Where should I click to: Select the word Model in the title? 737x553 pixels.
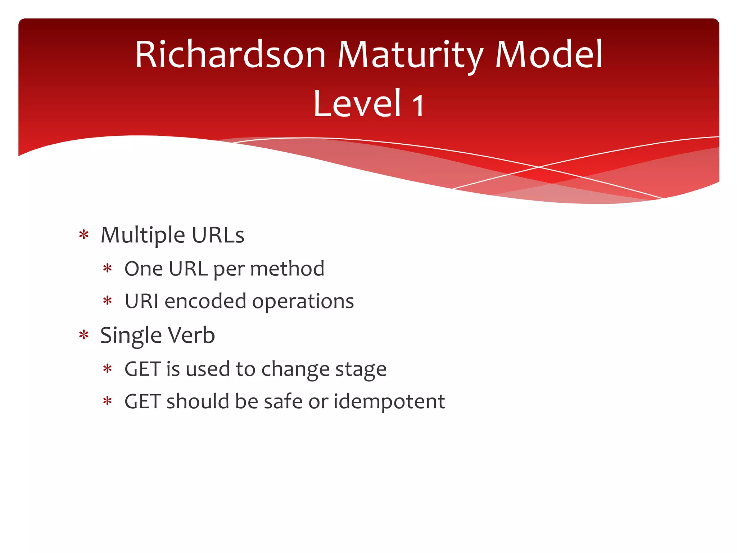point(548,55)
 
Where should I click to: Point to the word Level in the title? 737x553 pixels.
point(357,104)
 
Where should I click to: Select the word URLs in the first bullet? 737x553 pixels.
point(218,235)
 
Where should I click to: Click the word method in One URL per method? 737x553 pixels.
point(287,269)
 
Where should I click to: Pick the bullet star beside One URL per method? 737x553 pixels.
point(108,269)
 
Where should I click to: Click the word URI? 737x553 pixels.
point(141,301)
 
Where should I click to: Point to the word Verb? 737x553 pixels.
point(191,335)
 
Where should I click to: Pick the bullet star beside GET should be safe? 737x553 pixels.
point(108,401)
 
